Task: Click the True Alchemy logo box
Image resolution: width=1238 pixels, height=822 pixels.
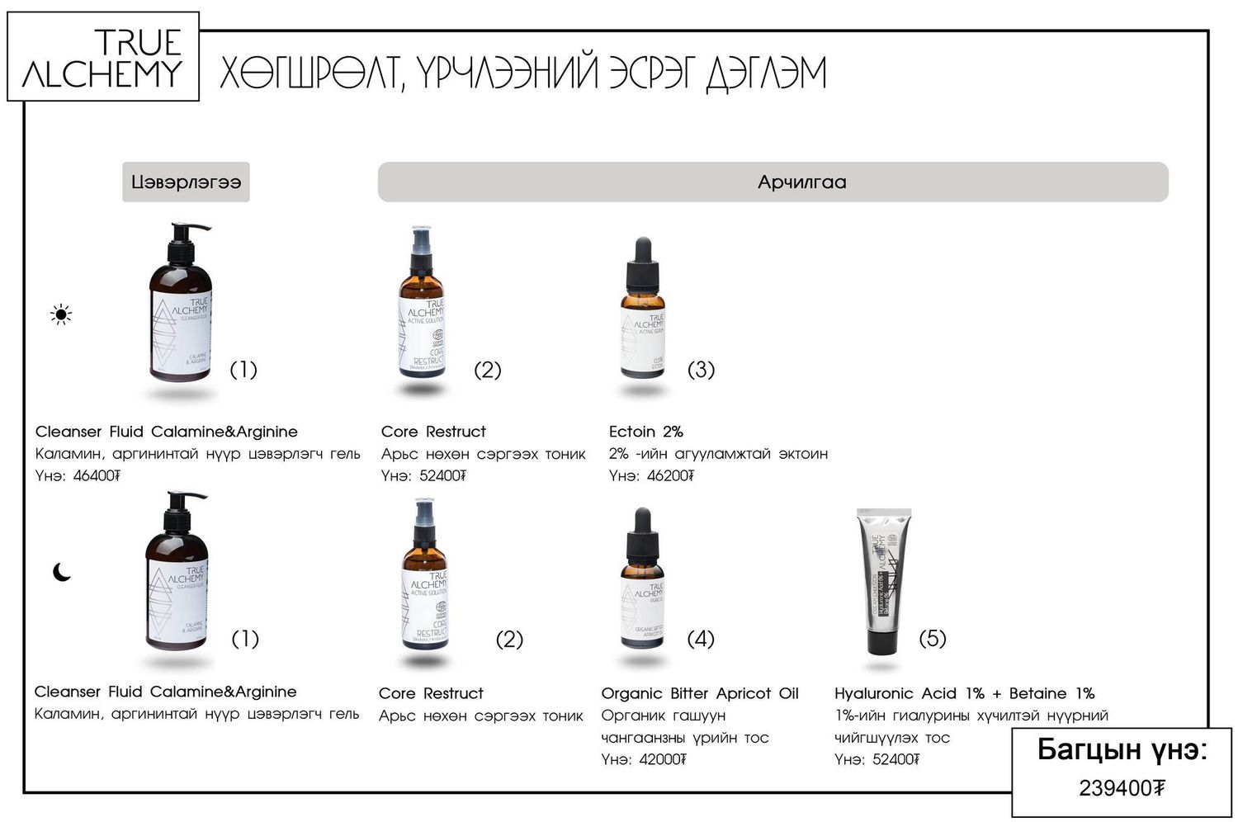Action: click(x=103, y=57)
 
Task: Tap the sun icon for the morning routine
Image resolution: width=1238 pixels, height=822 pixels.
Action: click(x=61, y=314)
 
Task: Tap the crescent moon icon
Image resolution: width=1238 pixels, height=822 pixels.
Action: click(x=62, y=572)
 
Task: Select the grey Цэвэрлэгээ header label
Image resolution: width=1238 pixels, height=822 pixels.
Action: click(x=186, y=182)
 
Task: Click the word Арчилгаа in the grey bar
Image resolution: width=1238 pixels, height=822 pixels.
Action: click(x=801, y=182)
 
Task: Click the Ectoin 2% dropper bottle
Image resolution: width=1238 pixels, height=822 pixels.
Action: click(x=642, y=314)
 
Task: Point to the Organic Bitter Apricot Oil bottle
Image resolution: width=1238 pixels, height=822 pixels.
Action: click(x=642, y=582)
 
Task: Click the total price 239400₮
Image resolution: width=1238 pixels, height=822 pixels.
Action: click(x=1122, y=789)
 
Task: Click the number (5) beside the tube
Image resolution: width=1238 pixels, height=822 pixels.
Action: click(x=933, y=638)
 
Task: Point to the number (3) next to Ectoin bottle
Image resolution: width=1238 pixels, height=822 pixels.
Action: click(x=701, y=370)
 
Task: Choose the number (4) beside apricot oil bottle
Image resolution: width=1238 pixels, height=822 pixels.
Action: click(x=701, y=638)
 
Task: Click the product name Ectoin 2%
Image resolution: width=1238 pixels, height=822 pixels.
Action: click(x=645, y=432)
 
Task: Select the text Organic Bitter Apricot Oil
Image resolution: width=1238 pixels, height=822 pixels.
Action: click(x=700, y=694)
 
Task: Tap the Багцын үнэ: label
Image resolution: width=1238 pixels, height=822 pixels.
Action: click(x=1122, y=750)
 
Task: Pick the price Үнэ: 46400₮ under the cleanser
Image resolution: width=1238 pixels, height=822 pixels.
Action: click(x=78, y=476)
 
